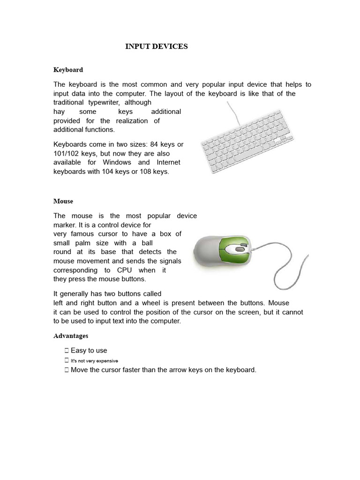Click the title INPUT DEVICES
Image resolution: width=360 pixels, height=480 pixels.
pyautogui.click(x=156, y=46)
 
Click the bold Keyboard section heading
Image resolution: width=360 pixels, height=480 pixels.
pyautogui.click(x=68, y=70)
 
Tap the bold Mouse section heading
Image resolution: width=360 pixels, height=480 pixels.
pyautogui.click(x=63, y=201)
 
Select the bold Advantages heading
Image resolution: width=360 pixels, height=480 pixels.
pyautogui.click(x=71, y=336)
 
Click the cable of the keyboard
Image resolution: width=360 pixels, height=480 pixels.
pyautogui.click(x=234, y=112)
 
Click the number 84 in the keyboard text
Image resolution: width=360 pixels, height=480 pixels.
pyautogui.click(x=154, y=144)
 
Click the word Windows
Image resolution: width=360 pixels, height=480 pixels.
pyautogui.click(x=117, y=163)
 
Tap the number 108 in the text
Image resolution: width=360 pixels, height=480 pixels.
pyautogui.click(x=147, y=172)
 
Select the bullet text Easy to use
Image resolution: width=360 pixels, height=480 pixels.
pyautogui.click(x=89, y=351)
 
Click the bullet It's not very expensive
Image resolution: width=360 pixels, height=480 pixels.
pyautogui.click(x=94, y=361)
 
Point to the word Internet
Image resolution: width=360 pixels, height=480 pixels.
pyautogui.click(x=165, y=163)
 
